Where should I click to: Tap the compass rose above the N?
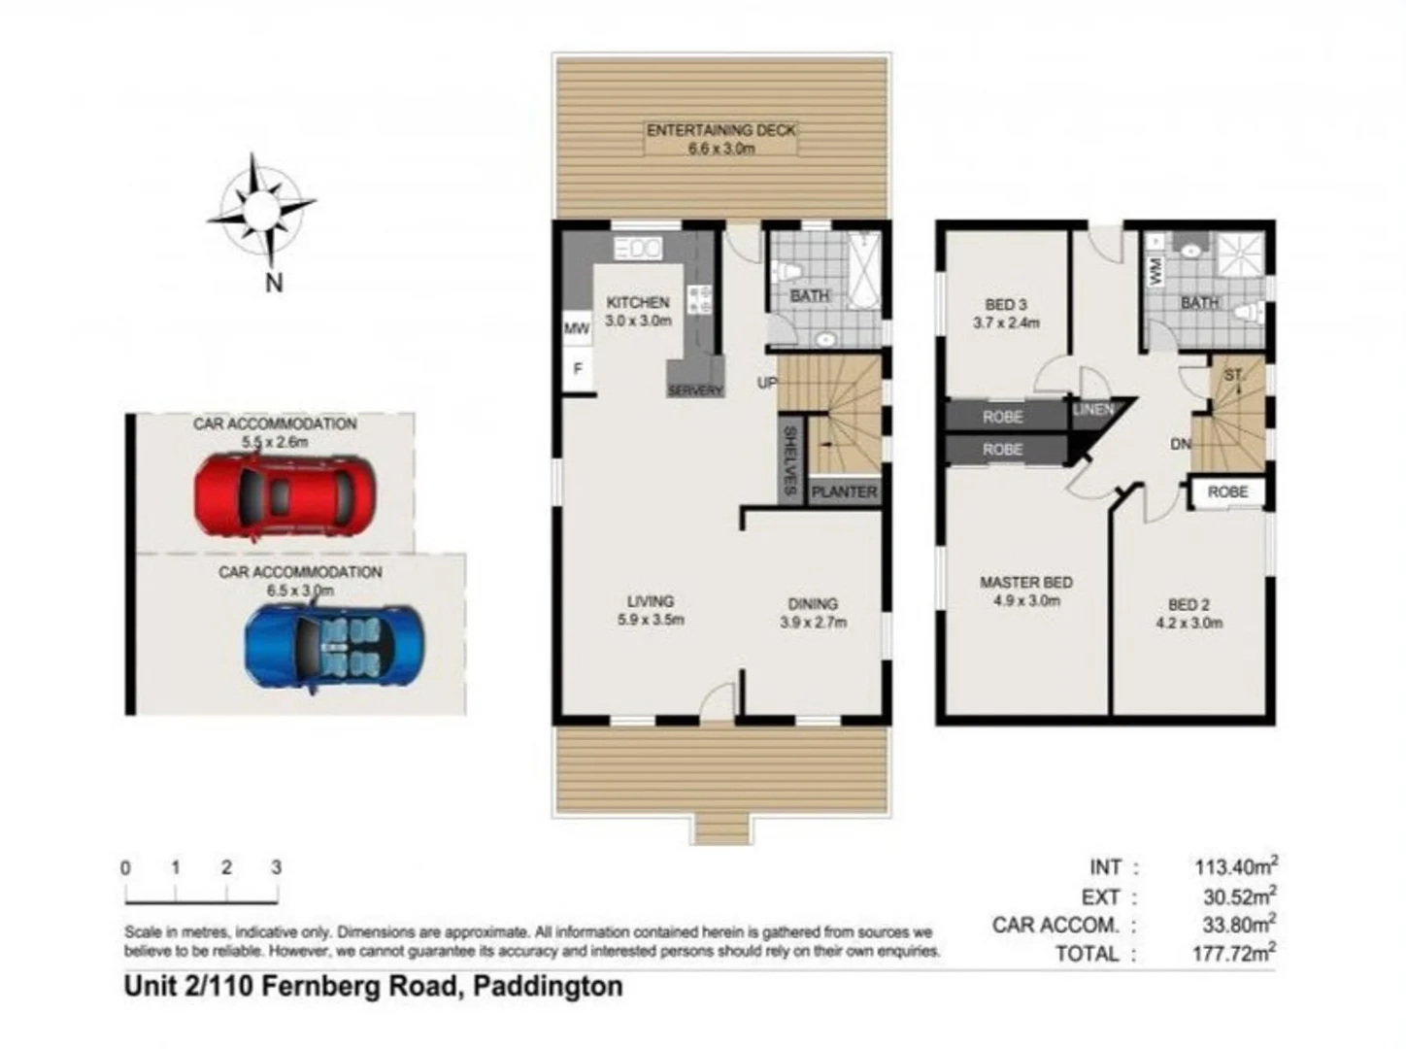coord(261,210)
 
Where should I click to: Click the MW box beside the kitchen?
coord(577,329)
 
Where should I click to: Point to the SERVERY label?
coord(695,390)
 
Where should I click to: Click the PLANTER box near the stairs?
coord(843,491)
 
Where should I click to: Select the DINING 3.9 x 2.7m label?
coord(813,613)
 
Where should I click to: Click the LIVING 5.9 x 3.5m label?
coord(650,610)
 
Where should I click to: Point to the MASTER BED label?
coord(1026,591)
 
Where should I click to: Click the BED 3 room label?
coord(1006,313)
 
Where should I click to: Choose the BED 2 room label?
coord(1188,614)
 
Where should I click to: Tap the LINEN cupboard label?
coord(1093,410)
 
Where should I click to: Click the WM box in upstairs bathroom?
coord(1155,269)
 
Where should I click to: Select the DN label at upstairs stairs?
coord(1181,444)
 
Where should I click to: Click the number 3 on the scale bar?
coord(277,867)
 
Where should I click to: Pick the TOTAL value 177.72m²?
coord(1234,953)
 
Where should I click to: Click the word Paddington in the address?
coord(548,987)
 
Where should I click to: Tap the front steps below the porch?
coord(721,829)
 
